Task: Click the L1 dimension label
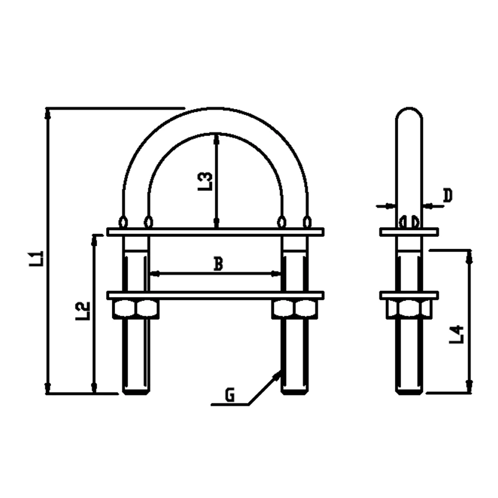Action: [x=36, y=259]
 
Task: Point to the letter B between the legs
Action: [x=218, y=264]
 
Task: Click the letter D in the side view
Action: [x=447, y=196]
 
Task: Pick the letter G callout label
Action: [x=229, y=395]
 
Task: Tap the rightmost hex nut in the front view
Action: [x=305, y=309]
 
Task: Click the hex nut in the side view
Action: [x=408, y=309]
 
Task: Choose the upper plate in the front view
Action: [x=215, y=232]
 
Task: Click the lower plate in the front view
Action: [x=215, y=295]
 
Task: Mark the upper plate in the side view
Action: [x=409, y=232]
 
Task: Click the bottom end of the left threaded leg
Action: [x=135, y=391]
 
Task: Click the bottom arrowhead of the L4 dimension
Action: [x=468, y=386]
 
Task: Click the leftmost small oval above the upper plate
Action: [x=123, y=221]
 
